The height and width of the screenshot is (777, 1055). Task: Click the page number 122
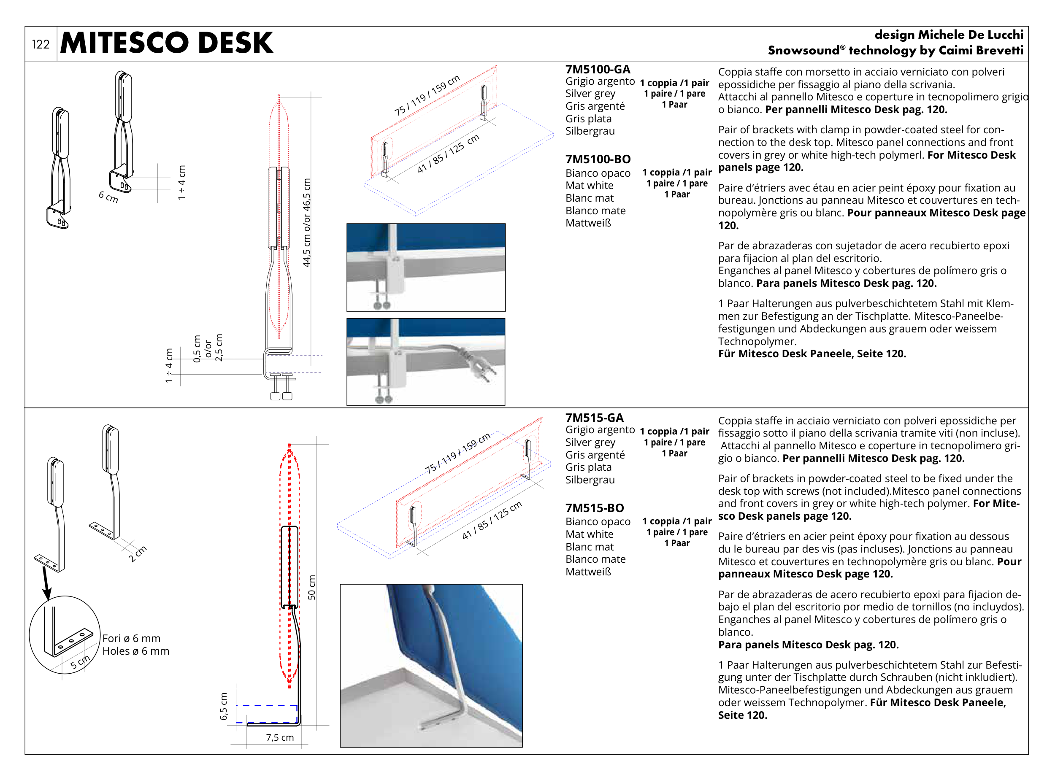[41, 44]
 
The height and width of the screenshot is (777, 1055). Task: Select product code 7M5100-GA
[597, 69]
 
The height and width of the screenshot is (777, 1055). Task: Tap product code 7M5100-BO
[598, 159]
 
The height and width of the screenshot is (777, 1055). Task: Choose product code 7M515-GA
[594, 418]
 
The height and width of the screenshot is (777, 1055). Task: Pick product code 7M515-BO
[594, 508]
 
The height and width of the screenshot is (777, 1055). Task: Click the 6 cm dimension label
[108, 197]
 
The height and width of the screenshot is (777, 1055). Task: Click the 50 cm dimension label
[311, 588]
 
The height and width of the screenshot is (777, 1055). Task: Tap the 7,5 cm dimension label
[279, 737]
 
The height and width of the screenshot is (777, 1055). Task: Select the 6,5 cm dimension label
[224, 707]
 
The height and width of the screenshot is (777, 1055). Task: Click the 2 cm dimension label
[138, 553]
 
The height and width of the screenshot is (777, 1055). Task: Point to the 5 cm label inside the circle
[80, 662]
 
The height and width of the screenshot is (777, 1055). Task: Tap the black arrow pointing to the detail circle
[46, 583]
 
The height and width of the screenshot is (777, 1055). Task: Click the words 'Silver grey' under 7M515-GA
[590, 442]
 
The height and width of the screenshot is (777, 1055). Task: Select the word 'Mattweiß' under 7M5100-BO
[588, 223]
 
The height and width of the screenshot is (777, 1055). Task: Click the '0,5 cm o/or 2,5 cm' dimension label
[208, 348]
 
